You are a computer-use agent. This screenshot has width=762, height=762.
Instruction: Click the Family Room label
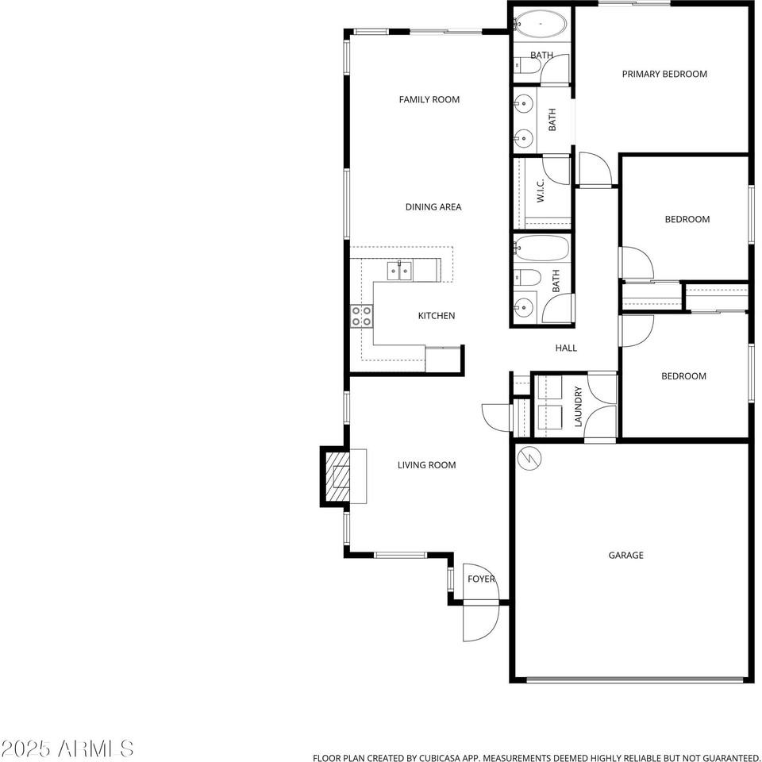[429, 99]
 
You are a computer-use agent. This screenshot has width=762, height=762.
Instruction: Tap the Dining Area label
[433, 207]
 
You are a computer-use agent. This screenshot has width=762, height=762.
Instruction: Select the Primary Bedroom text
[664, 74]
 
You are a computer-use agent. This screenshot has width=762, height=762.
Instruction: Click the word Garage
[625, 556]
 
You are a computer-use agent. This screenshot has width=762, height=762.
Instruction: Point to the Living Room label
[426, 465]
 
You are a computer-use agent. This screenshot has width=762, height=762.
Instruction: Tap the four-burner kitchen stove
[362, 317]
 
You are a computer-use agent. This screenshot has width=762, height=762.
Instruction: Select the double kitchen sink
[399, 271]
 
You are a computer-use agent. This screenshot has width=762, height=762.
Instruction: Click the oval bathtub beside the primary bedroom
[541, 24]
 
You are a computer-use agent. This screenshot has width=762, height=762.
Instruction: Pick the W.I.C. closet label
[540, 190]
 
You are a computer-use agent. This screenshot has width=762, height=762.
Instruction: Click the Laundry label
[578, 406]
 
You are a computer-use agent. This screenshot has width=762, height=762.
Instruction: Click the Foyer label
[481, 579]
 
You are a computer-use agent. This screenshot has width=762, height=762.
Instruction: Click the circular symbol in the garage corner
[528, 458]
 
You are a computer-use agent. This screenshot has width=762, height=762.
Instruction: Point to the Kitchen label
[437, 316]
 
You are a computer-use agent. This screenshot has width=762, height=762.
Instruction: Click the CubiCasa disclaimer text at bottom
[536, 757]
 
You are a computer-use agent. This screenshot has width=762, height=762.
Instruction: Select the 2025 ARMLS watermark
[67, 748]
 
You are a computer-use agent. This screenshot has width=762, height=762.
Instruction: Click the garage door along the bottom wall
[635, 679]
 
